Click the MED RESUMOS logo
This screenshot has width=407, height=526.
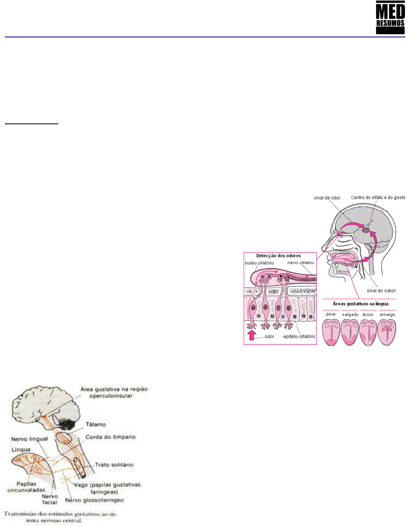(390, 17)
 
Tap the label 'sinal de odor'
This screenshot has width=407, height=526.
(327, 198)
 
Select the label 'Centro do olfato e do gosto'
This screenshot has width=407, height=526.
(378, 197)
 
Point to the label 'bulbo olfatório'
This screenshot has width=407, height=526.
(259, 263)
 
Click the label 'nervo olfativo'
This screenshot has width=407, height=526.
(300, 263)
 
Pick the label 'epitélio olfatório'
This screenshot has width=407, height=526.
(299, 337)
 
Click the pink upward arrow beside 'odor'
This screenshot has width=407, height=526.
(251, 335)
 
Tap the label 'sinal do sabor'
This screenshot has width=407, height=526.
(381, 290)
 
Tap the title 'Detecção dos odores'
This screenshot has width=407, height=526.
(278, 256)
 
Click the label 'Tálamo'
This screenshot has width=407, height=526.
(96, 424)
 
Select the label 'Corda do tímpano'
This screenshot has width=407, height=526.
(110, 437)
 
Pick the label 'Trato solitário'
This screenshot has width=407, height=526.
(114, 465)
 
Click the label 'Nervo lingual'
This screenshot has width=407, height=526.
(29, 439)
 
